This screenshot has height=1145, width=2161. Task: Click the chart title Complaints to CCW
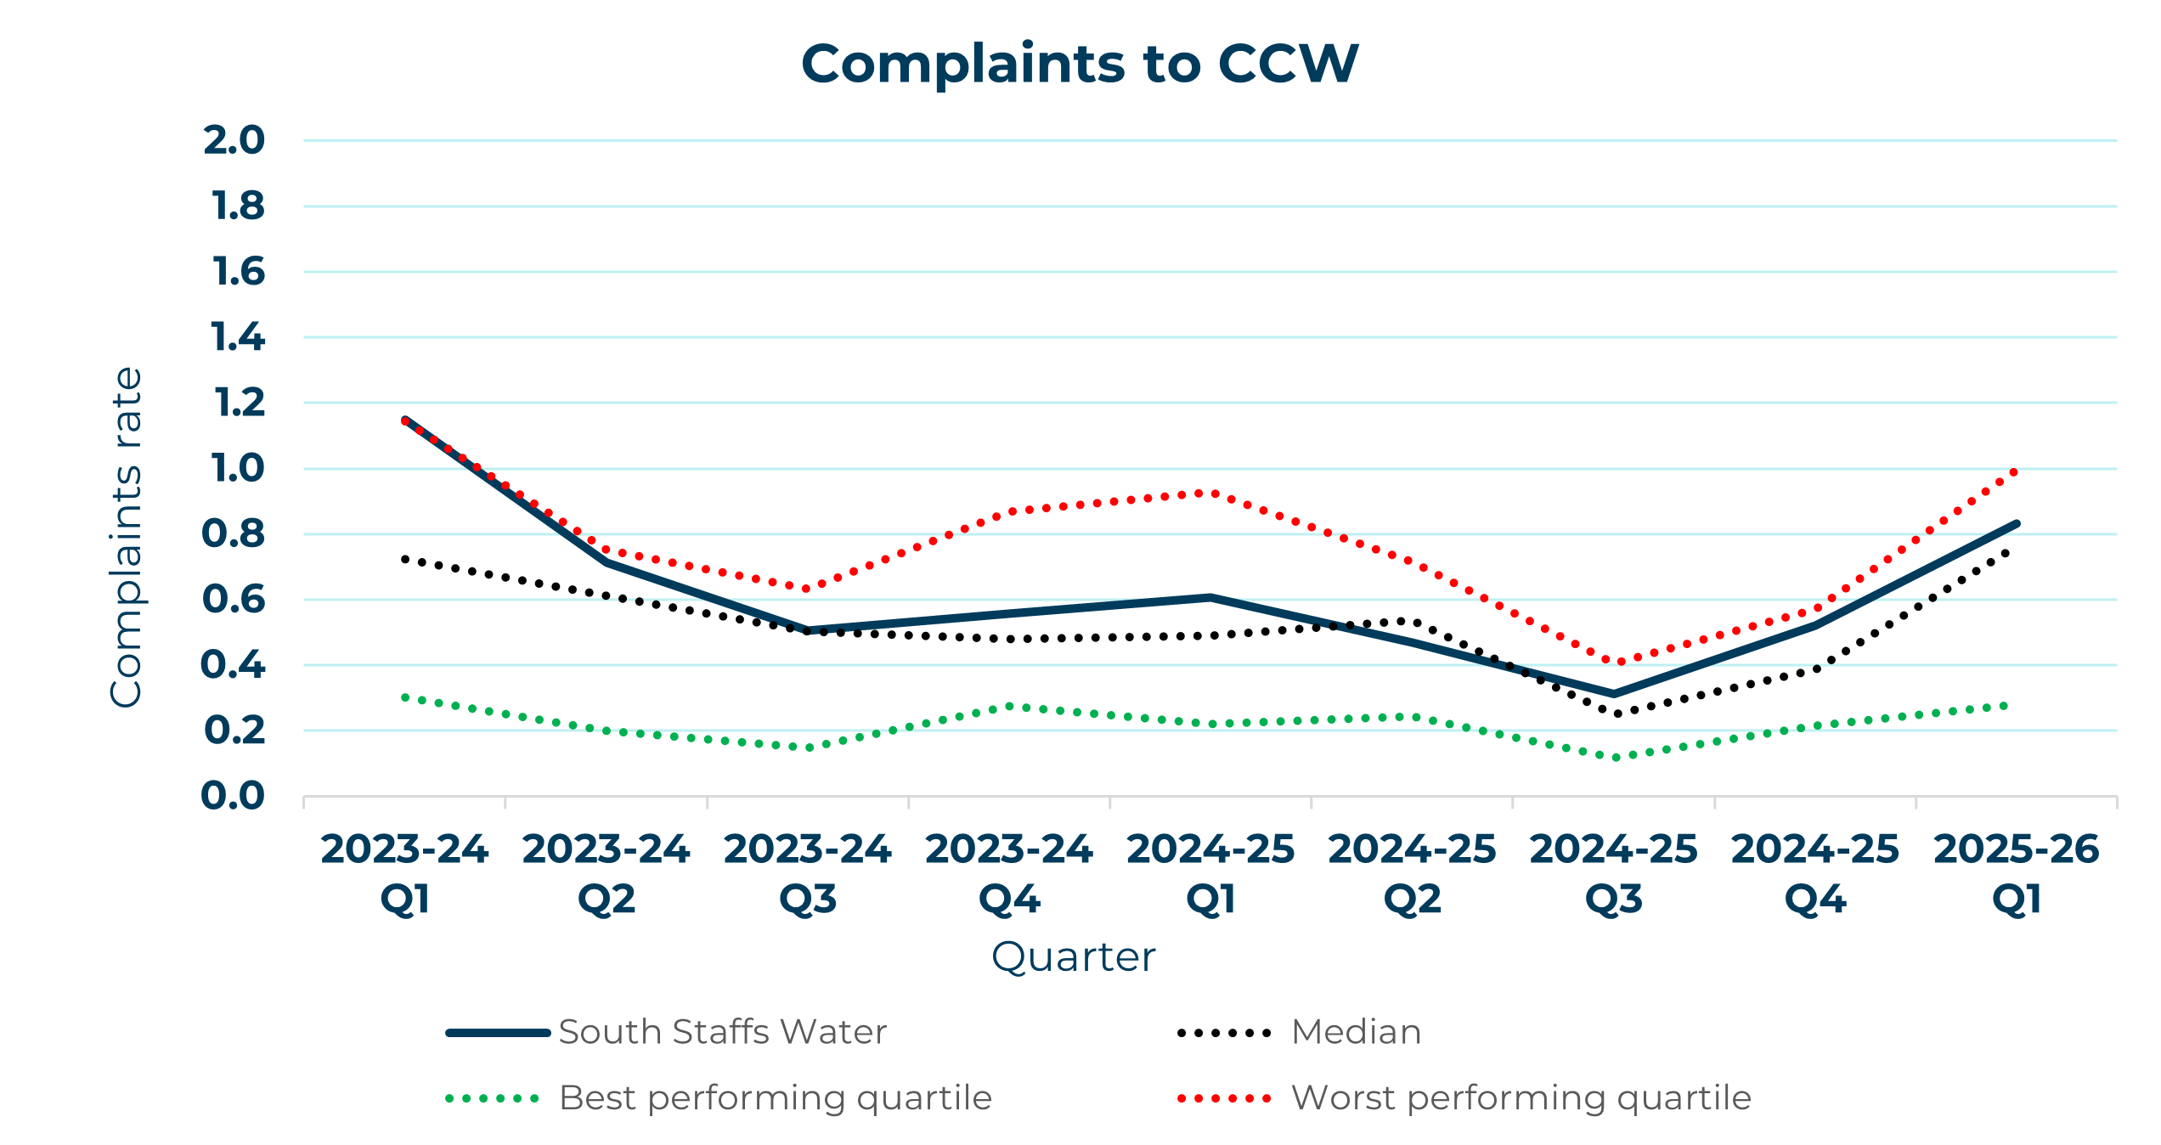pyautogui.click(x=1079, y=65)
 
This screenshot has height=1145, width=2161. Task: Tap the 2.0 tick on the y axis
pyautogui.click(x=234, y=140)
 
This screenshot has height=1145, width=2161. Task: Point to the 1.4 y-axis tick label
pyautogui.click(x=238, y=337)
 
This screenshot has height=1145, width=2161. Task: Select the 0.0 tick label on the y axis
pyautogui.click(x=233, y=796)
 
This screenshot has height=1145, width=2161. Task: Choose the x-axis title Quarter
pyautogui.click(x=1073, y=957)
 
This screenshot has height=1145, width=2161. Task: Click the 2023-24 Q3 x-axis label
pyautogui.click(x=807, y=873)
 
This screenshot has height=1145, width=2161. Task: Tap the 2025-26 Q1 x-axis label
pyautogui.click(x=2017, y=873)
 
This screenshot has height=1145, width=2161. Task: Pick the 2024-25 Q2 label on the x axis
pyautogui.click(x=1412, y=873)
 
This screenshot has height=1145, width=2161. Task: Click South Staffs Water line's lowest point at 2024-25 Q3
pyautogui.click(x=1614, y=694)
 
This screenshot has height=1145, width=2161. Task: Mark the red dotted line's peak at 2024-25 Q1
pyautogui.click(x=1210, y=493)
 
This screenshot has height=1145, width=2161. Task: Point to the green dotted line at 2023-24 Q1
pyautogui.click(x=405, y=697)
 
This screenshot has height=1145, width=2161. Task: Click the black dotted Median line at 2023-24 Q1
pyautogui.click(x=405, y=559)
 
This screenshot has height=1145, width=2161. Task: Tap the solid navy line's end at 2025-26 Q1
pyautogui.click(x=2017, y=524)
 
